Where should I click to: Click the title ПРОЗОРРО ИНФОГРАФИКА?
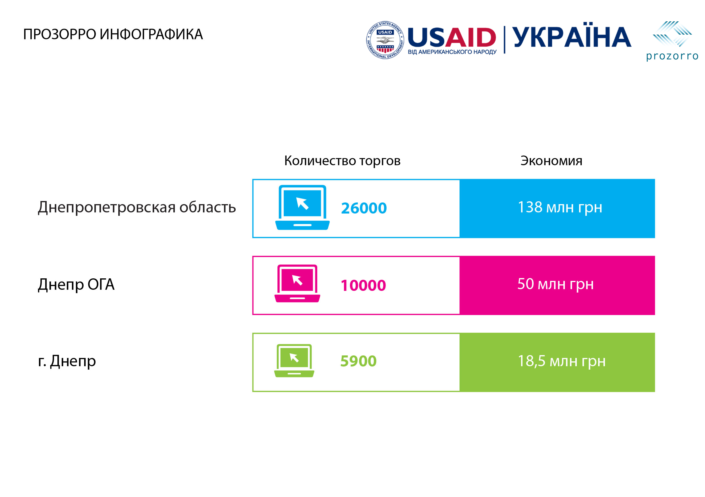coord(113,34)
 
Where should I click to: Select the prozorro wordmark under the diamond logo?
coord(672,56)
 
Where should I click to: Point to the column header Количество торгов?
coord(342,161)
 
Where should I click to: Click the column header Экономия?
coord(551,161)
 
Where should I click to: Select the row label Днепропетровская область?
coord(137,208)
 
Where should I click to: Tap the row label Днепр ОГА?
coord(76,284)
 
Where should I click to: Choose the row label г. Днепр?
coord(67,361)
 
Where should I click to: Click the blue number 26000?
coord(364,208)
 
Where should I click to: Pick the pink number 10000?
coord(363,285)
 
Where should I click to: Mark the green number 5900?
coord(358,361)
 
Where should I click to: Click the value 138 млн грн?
coord(560,207)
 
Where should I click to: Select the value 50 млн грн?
coord(555,284)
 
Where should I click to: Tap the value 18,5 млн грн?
coord(562,361)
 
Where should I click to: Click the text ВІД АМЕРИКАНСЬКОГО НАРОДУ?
coord(452,52)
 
